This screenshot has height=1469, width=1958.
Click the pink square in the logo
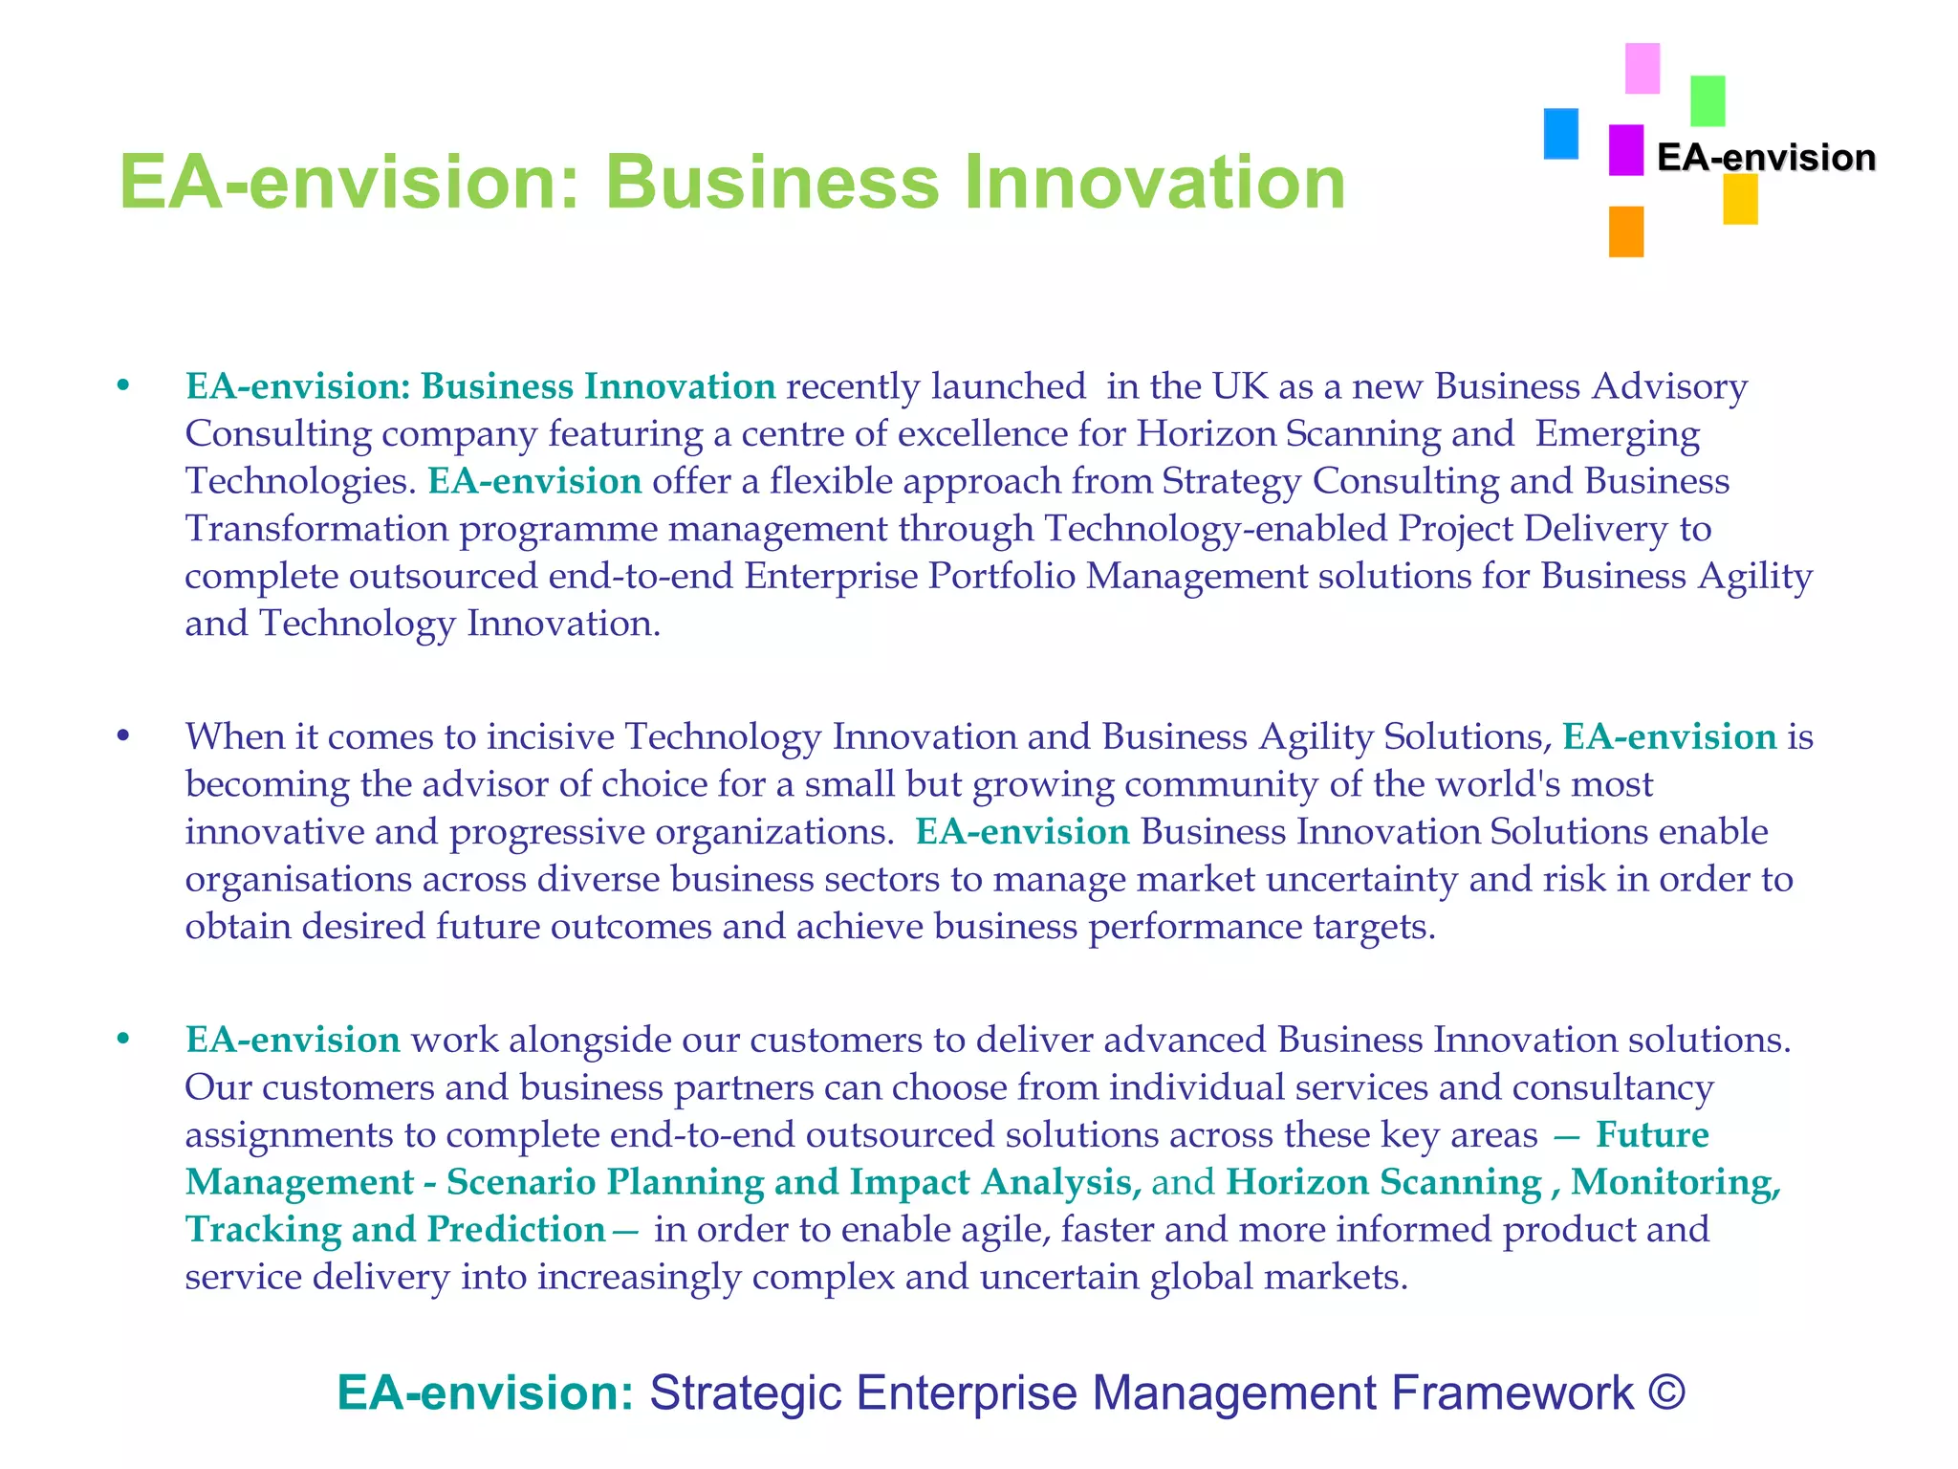(1643, 68)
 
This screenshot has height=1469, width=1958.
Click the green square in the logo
(1708, 101)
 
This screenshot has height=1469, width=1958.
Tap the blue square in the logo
(1560, 134)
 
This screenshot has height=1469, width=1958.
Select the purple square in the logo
(1625, 150)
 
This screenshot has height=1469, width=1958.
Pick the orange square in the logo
(1625, 231)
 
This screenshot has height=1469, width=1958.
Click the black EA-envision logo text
(1766, 158)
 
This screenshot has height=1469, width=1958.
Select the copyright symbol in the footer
(1666, 1392)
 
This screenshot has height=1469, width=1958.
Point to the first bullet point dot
(122, 386)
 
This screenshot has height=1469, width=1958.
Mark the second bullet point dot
(122, 736)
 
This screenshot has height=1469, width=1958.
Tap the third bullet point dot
(122, 1040)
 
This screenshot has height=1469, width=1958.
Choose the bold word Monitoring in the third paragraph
(1675, 1183)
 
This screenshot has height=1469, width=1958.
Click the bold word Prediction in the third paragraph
(516, 1230)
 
